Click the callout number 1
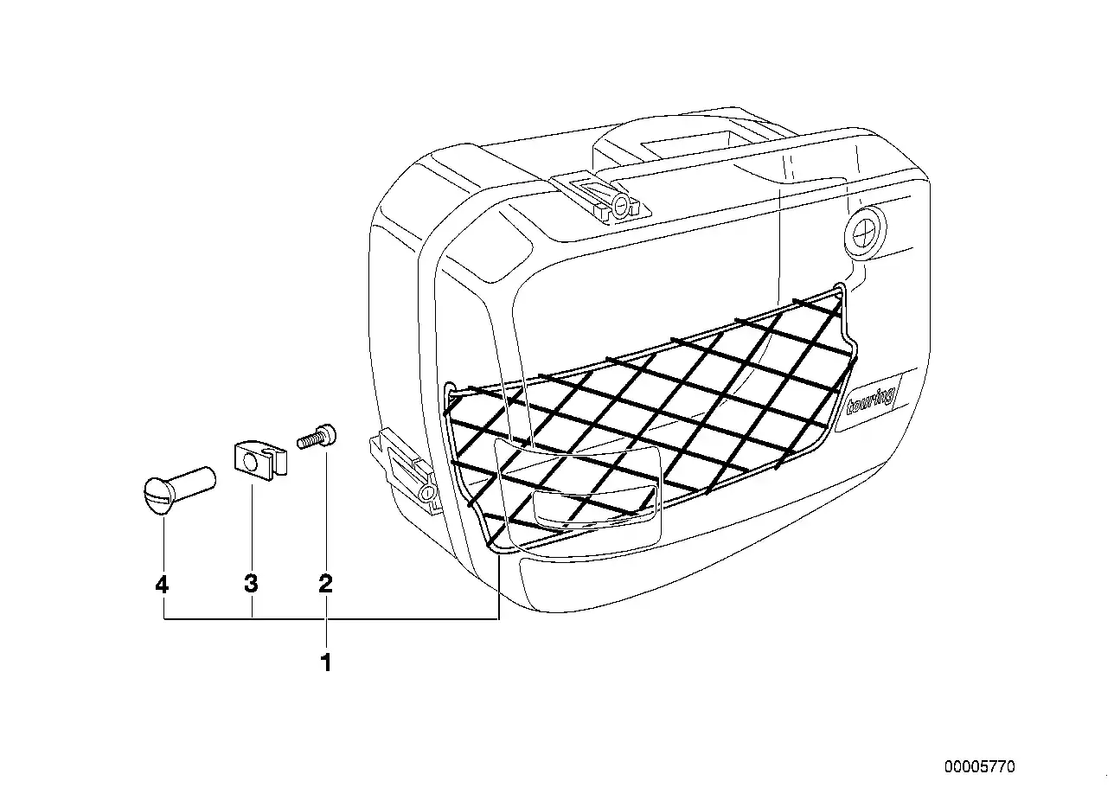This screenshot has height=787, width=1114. [x=326, y=662]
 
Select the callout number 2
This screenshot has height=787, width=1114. [x=326, y=583]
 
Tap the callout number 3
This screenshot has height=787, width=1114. [x=251, y=583]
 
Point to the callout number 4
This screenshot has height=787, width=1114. [x=162, y=584]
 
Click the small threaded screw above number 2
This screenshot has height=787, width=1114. [x=317, y=437]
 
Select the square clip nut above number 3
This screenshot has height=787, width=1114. [x=260, y=460]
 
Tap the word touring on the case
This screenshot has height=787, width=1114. [x=871, y=400]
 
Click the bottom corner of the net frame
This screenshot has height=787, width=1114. [x=497, y=549]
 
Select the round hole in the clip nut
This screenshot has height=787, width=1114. [x=252, y=464]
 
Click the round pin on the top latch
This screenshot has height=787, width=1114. [x=620, y=205]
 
